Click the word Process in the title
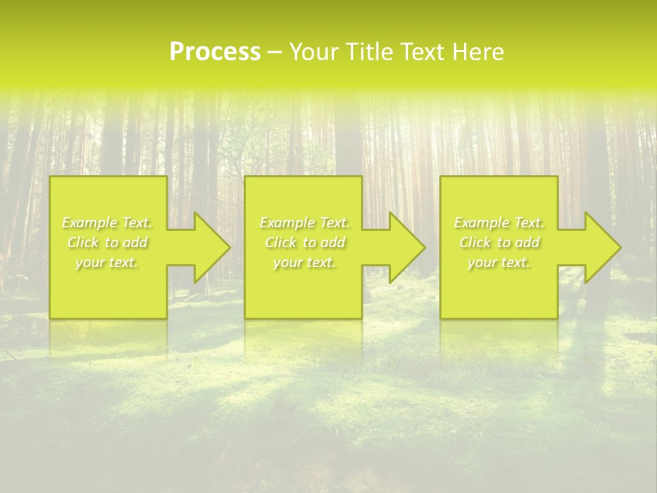click(215, 52)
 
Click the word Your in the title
click(314, 52)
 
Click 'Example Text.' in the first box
click(107, 223)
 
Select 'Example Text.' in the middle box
click(305, 223)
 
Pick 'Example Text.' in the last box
click(499, 223)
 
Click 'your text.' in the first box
click(107, 262)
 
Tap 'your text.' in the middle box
click(305, 262)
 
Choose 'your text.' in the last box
click(499, 262)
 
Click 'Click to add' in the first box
click(107, 242)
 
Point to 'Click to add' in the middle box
click(305, 242)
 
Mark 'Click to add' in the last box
click(499, 242)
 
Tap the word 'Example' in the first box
click(90, 223)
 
